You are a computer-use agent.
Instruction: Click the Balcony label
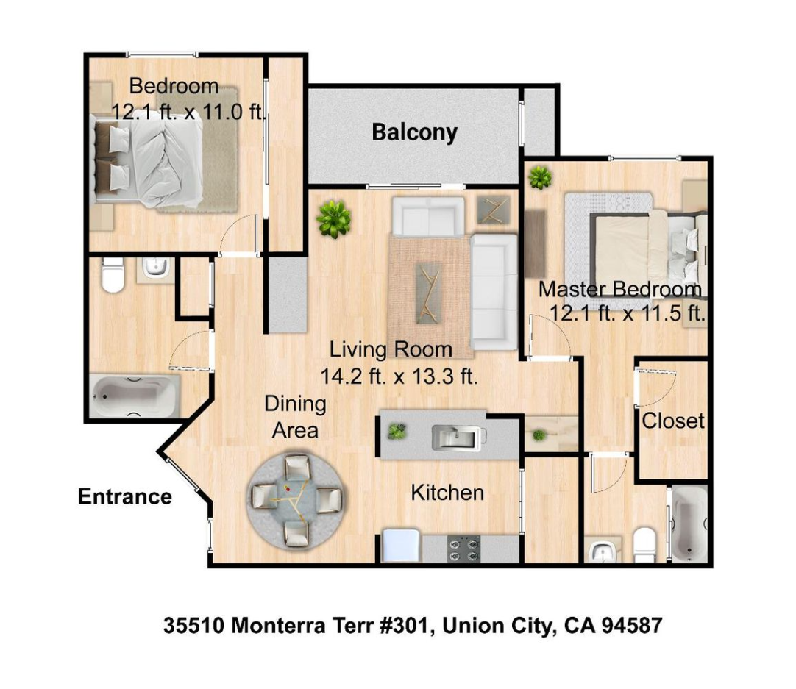coord(415,133)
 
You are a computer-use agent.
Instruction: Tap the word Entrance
coord(125,496)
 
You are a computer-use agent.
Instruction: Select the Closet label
coord(672,421)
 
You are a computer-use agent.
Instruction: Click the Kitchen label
coord(447,493)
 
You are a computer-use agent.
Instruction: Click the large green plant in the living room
coord(333,218)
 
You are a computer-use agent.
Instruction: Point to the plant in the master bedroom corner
coord(540,178)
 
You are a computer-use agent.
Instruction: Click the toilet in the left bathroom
coord(113,274)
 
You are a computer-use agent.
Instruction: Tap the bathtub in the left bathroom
coord(135,396)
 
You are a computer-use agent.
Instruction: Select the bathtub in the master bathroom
coord(689,524)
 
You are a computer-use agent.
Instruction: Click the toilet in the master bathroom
coord(644,545)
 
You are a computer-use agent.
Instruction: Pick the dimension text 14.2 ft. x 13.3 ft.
coord(399,376)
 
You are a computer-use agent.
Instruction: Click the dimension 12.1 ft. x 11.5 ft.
coord(628,313)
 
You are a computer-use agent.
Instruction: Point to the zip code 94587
coord(632,626)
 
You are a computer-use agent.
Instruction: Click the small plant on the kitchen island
coord(397,432)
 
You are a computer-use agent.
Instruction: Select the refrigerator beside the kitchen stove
coord(401,546)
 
